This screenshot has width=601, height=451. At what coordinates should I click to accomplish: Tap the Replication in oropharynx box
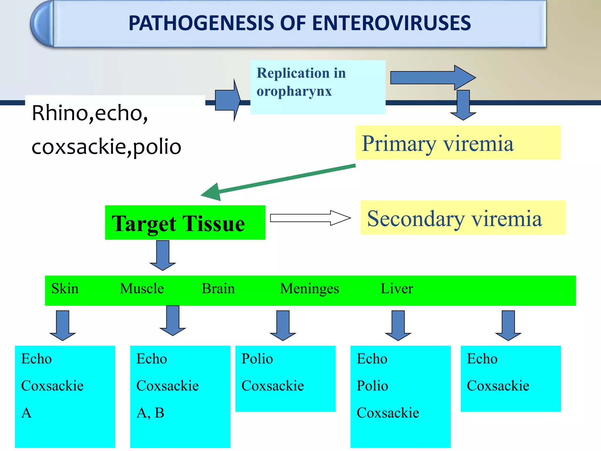[x=318, y=87]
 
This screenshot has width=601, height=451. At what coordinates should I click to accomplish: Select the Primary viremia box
[x=458, y=143]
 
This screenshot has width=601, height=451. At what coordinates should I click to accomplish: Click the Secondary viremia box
[x=463, y=218]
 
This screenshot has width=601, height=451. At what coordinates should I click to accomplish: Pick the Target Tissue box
[x=185, y=223]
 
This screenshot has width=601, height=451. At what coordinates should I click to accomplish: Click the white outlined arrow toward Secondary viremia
[x=310, y=218]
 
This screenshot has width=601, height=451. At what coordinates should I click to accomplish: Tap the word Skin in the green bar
[x=65, y=289]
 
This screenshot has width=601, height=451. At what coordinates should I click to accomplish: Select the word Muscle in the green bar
[x=142, y=289]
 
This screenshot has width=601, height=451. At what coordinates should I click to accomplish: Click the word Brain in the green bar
[x=218, y=289]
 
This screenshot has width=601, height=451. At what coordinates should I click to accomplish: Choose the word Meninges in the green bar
[x=309, y=289]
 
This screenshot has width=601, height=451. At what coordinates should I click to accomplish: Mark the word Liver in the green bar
[x=397, y=288]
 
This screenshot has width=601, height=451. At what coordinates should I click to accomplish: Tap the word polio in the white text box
[x=157, y=147]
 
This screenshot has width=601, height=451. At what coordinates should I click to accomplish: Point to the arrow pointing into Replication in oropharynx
[x=228, y=100]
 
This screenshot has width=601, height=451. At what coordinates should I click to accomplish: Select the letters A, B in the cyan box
[x=150, y=413]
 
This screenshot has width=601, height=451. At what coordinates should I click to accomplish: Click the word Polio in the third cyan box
[x=257, y=359]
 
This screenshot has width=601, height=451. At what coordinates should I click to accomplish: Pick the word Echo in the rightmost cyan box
[x=482, y=359]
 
